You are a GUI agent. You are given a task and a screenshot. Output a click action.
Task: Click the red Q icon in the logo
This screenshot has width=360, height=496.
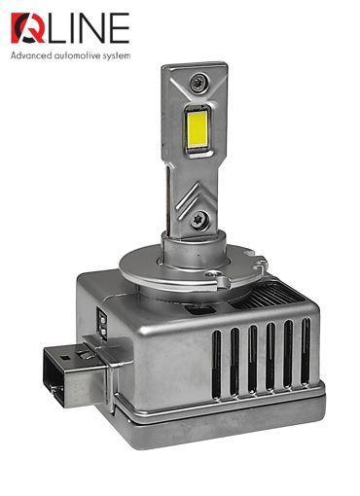coord(28,28)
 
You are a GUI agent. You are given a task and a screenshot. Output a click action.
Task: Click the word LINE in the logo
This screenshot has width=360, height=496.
coord(89,28)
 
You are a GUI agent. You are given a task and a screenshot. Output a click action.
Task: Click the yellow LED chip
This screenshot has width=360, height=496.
coord(198,130)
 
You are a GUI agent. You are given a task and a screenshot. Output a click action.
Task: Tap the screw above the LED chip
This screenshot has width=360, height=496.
coord(198,82)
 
